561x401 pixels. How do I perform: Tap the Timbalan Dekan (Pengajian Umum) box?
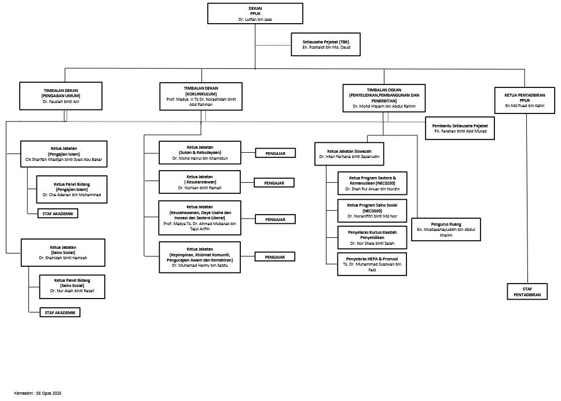tap(60, 96)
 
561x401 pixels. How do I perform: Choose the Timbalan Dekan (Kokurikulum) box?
tap(201, 96)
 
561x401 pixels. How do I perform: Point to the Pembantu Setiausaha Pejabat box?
tap(460, 128)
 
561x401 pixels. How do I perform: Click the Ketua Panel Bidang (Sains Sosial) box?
tap(72, 286)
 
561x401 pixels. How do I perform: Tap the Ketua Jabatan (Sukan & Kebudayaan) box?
tap(200, 153)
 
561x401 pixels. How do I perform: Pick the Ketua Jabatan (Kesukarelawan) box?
tap(200, 182)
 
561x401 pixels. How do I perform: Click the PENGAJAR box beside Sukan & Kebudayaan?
tap(276, 153)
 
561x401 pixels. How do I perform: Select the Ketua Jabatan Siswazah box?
tap(349, 154)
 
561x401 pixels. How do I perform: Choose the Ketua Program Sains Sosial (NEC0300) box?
tap(372, 211)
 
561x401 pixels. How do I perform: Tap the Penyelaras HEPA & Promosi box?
tap(372, 264)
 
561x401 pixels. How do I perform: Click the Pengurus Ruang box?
tap(445, 229)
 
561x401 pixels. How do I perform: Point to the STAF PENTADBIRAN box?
tap(527, 291)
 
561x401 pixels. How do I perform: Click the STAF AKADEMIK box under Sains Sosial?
tap(60, 312)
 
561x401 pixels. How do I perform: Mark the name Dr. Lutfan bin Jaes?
tap(255, 20)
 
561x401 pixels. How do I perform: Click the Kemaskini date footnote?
tap(38, 393)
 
